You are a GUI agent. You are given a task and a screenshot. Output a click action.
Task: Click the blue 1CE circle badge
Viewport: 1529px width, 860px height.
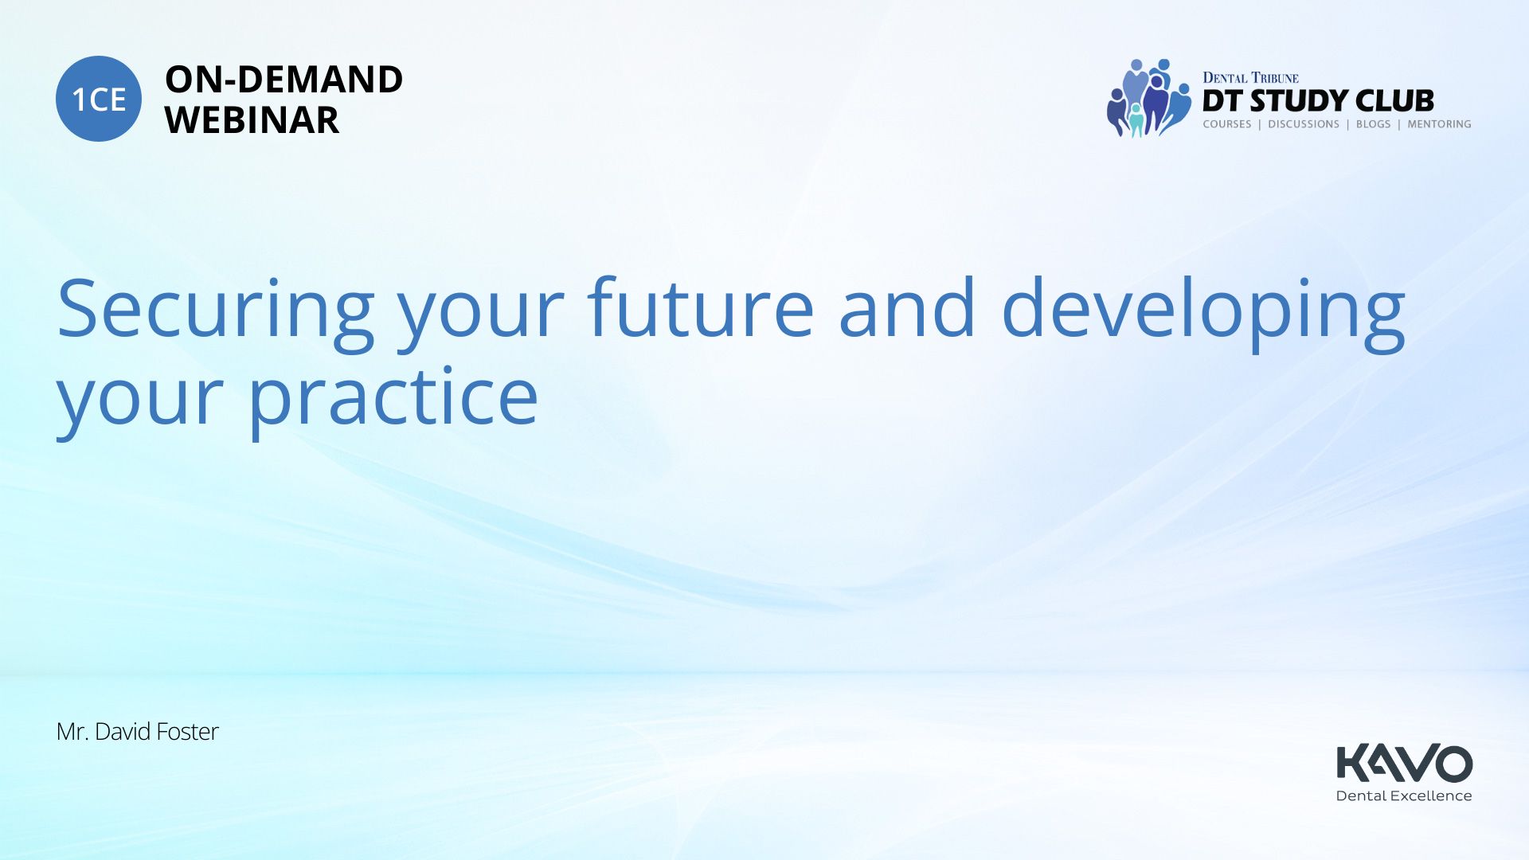[99, 99]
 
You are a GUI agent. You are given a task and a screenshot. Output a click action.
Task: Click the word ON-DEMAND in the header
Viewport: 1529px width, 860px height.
[284, 79]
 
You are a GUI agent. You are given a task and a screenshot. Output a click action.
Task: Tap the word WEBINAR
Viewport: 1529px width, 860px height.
[252, 119]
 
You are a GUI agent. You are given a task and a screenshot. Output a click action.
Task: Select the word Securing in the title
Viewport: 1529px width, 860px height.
[216, 312]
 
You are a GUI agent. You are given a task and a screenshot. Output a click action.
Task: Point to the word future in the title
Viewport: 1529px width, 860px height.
[701, 307]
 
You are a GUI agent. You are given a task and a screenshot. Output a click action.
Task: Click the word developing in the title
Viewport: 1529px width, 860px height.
[1203, 312]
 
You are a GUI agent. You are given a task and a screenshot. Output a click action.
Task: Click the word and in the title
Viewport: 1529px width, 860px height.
[907, 307]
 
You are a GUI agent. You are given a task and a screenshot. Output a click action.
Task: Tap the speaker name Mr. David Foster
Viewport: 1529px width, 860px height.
[137, 732]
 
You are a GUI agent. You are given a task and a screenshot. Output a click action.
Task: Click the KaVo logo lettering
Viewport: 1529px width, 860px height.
[1405, 763]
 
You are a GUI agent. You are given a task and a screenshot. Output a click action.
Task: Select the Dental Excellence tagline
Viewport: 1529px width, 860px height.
[1404, 795]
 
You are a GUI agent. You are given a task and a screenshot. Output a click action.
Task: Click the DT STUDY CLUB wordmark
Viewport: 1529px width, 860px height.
[1318, 101]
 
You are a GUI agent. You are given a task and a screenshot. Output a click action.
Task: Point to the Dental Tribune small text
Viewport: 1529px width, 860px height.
[1250, 77]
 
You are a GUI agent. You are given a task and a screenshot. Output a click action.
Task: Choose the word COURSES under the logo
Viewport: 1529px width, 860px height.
[1227, 124]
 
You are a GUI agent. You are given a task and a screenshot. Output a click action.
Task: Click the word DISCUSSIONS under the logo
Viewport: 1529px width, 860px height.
[1304, 124]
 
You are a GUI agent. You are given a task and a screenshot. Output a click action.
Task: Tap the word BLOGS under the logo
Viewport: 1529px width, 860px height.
[1373, 124]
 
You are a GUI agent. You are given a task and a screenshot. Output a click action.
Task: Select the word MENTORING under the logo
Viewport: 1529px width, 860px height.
[1439, 124]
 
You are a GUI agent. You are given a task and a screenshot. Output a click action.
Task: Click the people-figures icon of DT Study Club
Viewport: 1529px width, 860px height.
[1148, 98]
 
